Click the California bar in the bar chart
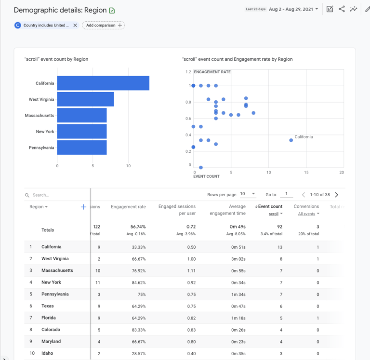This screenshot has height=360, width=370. (103, 83)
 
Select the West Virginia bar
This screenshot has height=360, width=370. (85, 99)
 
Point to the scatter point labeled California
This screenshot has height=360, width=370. (291, 140)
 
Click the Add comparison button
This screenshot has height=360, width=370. (103, 25)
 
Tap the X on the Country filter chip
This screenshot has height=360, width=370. (75, 25)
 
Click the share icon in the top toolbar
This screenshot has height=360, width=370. (342, 9)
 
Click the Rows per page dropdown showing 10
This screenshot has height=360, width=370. (248, 194)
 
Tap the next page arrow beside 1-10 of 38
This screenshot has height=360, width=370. (336, 195)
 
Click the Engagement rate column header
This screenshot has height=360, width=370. (128, 207)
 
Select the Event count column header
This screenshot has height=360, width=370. (270, 206)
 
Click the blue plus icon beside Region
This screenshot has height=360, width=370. (83, 207)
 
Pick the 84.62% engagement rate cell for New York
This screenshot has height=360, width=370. (136, 282)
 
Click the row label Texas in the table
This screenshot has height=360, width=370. (48, 306)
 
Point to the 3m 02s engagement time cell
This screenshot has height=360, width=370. (238, 259)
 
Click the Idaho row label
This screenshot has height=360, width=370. (47, 353)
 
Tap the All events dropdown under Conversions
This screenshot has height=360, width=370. (307, 214)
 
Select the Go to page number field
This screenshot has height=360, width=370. (286, 194)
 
